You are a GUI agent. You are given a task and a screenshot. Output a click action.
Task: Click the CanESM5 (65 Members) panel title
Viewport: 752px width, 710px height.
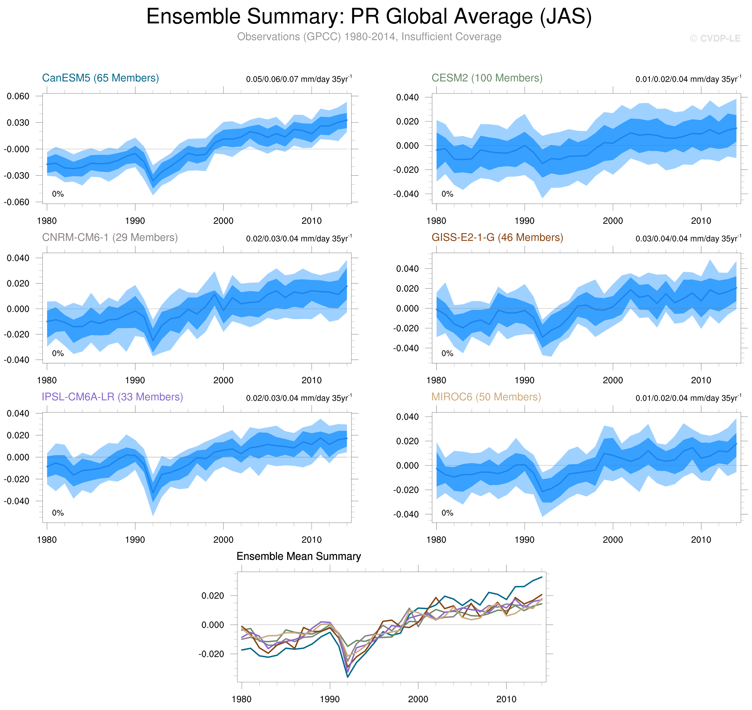(x=100, y=78)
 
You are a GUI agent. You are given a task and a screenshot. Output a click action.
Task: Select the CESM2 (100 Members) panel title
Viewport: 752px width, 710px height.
(x=487, y=78)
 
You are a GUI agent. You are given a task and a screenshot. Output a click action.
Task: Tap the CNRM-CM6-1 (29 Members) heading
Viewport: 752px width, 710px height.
(x=110, y=237)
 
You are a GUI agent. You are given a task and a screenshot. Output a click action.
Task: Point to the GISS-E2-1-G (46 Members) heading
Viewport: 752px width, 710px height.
(x=497, y=237)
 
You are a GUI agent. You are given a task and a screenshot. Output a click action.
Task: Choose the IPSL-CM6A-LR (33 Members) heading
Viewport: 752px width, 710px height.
(x=112, y=397)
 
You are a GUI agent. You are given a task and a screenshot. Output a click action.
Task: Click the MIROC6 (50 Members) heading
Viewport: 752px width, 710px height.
(x=486, y=397)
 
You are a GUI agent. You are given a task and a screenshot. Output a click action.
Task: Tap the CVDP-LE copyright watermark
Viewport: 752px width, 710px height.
(x=715, y=39)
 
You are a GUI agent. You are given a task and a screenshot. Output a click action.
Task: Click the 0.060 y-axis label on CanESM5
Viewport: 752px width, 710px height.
(x=18, y=96)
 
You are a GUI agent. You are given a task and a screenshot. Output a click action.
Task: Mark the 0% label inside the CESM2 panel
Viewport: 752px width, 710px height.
(x=447, y=194)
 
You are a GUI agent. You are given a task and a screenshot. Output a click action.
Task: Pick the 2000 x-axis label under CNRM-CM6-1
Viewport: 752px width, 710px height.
(x=223, y=380)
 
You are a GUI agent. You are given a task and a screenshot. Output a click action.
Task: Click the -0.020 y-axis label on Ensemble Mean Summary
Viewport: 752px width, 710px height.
(x=211, y=654)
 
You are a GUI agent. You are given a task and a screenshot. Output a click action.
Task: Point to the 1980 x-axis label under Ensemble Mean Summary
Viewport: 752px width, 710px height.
(x=241, y=699)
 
